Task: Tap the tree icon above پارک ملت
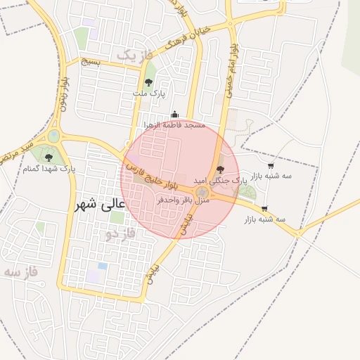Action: click(x=148, y=83)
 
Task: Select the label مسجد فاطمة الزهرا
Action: click(x=174, y=125)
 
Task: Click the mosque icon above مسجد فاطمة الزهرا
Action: click(x=174, y=115)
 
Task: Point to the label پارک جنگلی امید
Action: click(x=240, y=180)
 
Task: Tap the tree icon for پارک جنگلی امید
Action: click(x=220, y=169)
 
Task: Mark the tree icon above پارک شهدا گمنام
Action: click(x=49, y=157)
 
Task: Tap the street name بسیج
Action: click(x=91, y=62)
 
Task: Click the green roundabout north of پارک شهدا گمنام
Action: click(x=54, y=136)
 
